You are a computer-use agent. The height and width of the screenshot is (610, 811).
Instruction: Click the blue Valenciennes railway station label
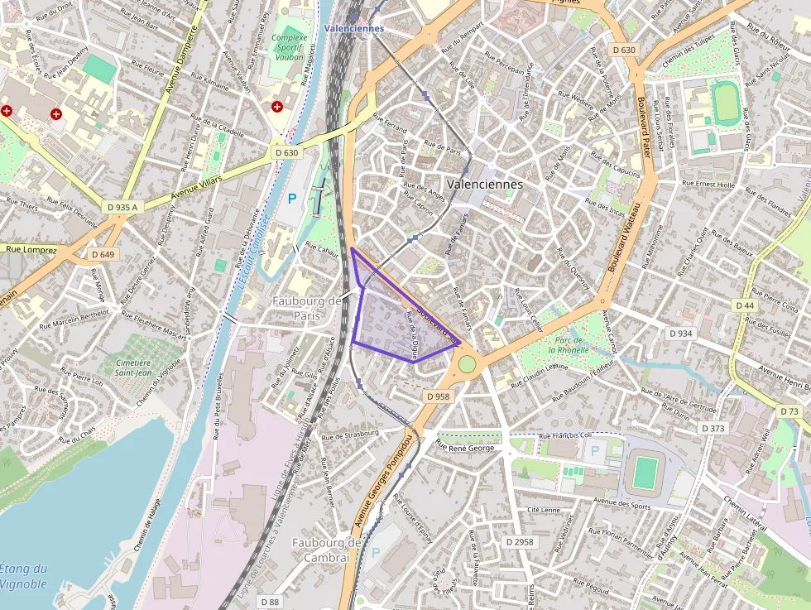tap(353, 28)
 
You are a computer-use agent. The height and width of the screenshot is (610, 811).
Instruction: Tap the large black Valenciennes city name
tap(484, 185)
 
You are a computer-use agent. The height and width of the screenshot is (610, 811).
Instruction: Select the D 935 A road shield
tap(122, 206)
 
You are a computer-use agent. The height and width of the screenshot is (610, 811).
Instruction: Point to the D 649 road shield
tap(102, 254)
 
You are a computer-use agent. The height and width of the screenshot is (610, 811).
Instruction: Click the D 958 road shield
tap(438, 396)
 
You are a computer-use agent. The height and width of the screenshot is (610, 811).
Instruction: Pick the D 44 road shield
tap(745, 305)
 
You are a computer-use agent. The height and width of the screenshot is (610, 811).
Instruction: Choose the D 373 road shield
tap(712, 428)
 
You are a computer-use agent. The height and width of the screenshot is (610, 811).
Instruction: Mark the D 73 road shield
tap(789, 411)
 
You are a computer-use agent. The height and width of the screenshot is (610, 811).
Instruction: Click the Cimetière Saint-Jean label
tap(132, 368)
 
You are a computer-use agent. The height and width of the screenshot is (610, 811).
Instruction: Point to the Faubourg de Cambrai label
tap(327, 550)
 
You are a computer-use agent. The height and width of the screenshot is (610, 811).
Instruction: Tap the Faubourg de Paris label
tap(307, 308)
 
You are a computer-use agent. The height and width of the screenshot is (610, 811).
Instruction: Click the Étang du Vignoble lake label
tap(23, 576)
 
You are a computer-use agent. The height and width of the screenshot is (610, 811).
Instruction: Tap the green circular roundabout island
tap(467, 364)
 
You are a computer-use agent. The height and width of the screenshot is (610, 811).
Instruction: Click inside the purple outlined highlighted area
tap(389, 327)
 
